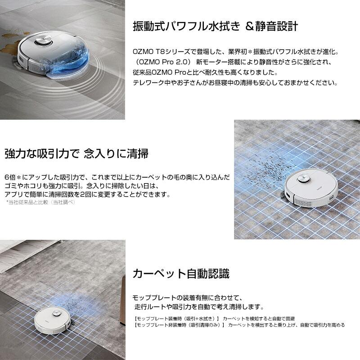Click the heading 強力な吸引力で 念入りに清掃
tap(76, 153)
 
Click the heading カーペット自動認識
tap(181, 273)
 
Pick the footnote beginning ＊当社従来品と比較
tap(40, 202)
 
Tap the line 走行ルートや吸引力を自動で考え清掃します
tap(198, 307)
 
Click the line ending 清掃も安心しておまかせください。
tap(235, 83)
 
